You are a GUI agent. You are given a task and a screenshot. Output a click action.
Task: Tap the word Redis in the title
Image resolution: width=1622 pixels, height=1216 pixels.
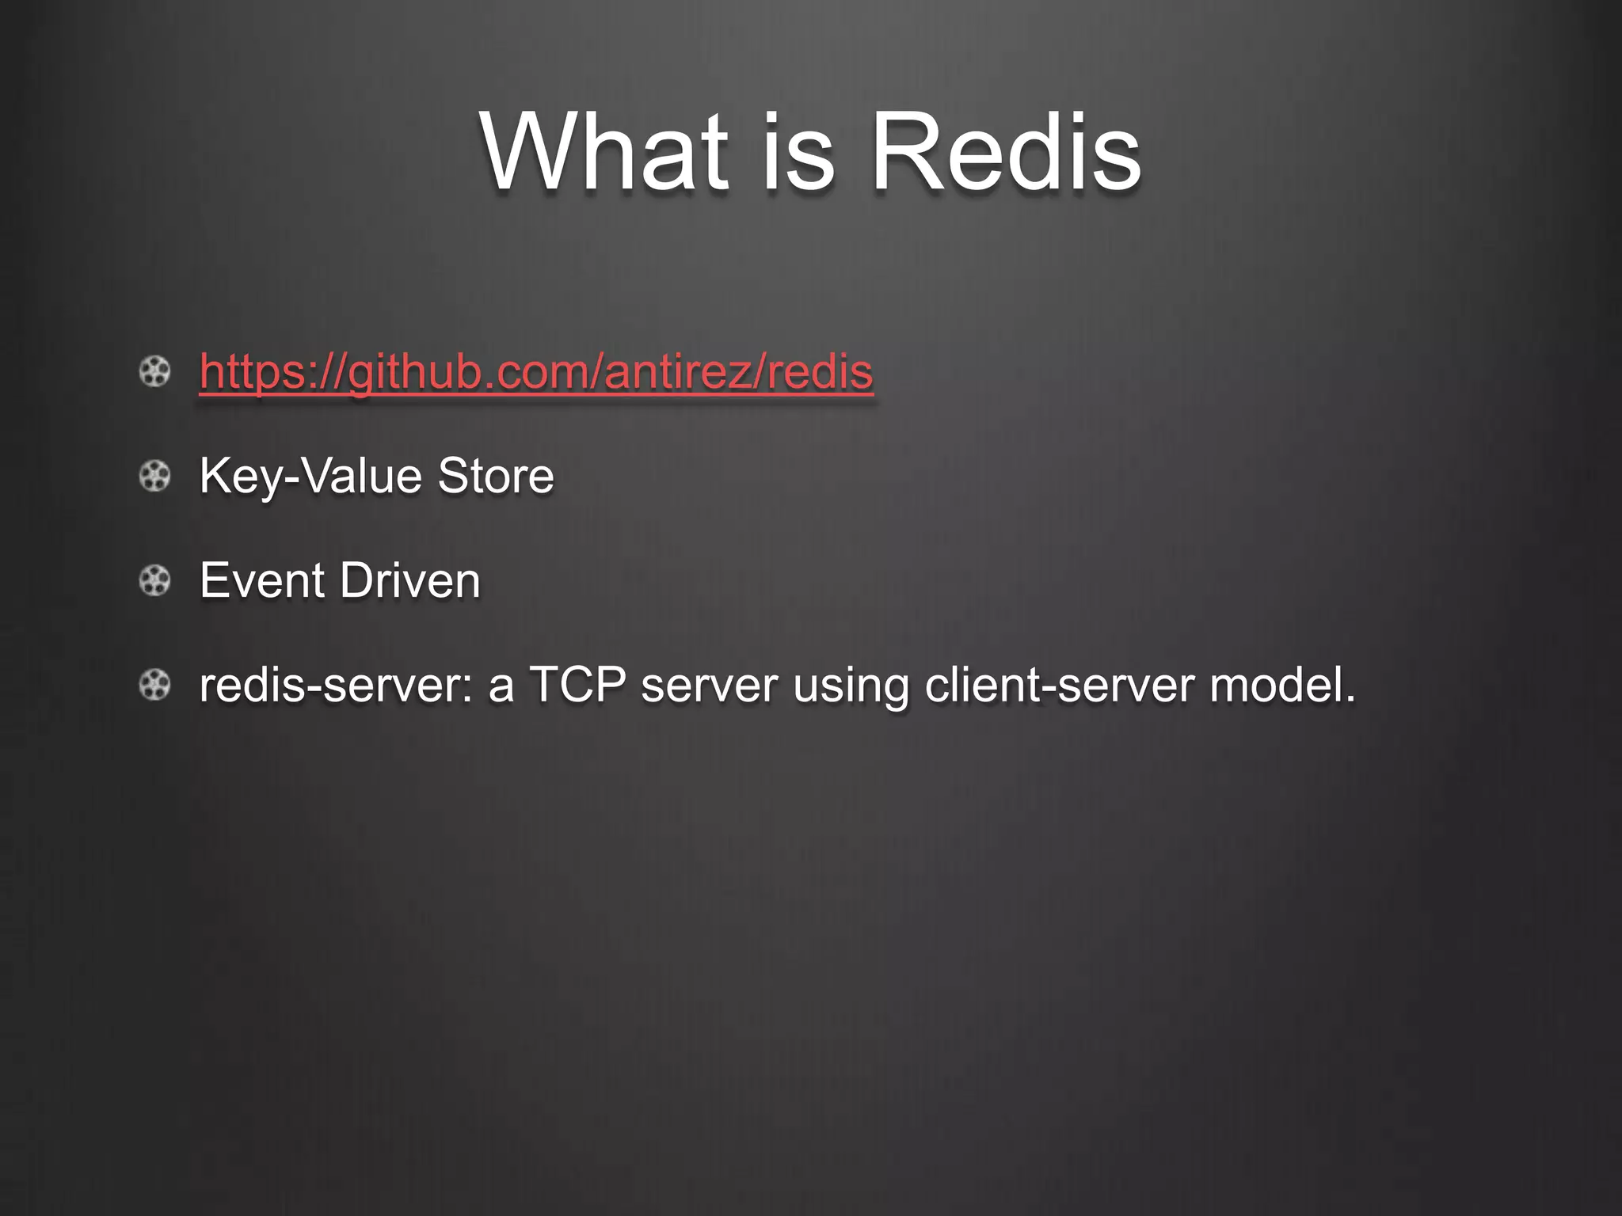tap(1006, 152)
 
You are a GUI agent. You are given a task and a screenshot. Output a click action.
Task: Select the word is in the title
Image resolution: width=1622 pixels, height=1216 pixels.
tap(798, 152)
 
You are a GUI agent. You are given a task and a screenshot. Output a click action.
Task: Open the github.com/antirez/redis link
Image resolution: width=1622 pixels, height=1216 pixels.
tap(536, 372)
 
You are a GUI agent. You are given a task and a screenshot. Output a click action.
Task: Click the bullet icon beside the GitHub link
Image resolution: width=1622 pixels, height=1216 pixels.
tap(155, 371)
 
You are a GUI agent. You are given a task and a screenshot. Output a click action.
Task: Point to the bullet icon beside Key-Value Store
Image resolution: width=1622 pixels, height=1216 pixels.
tap(155, 477)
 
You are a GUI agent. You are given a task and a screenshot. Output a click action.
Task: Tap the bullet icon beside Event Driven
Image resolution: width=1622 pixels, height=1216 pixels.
tap(155, 581)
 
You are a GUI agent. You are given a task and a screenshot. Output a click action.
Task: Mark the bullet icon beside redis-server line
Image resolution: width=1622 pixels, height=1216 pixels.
tap(155, 685)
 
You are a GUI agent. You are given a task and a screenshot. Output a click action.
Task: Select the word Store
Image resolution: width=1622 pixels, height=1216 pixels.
tap(496, 477)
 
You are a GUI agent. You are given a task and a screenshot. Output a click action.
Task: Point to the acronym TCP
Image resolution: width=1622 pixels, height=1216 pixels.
tap(577, 686)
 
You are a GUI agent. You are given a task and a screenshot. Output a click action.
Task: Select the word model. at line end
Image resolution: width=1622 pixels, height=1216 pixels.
tap(1283, 686)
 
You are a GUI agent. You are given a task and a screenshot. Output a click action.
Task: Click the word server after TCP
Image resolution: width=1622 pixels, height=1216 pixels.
tap(709, 686)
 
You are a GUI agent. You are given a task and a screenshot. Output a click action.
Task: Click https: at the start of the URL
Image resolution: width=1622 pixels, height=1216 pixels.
tap(254, 372)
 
